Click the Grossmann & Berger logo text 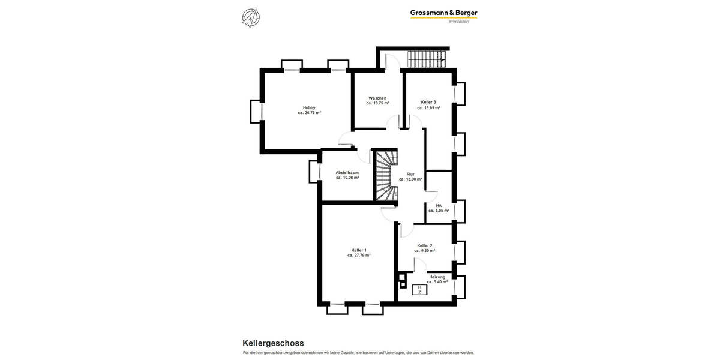[x=443, y=13]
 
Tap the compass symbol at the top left [x=251, y=18]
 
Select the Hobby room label [x=309, y=107]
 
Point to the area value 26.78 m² [x=310, y=113]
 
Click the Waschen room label [x=377, y=98]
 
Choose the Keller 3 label [x=428, y=102]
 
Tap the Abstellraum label [x=347, y=172]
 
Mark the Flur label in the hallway [x=410, y=174]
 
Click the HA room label [x=439, y=205]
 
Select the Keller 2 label [x=425, y=245]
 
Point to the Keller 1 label [x=359, y=250]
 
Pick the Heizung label [x=437, y=277]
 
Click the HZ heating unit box [x=419, y=290]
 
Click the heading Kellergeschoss [x=273, y=343]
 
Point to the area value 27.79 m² [x=359, y=255]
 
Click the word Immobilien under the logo [x=459, y=22]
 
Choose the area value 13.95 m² [x=429, y=108]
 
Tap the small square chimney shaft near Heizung [x=402, y=278]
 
